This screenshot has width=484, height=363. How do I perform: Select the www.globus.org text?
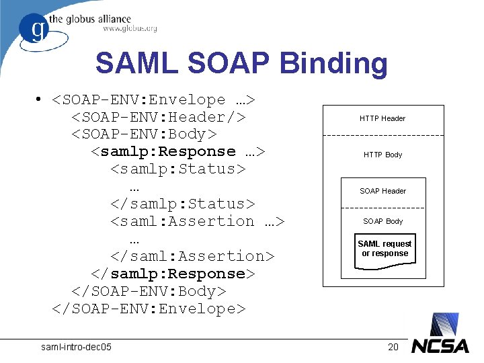pyautogui.click(x=130, y=28)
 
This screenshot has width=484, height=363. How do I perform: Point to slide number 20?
pyautogui.click(x=393, y=347)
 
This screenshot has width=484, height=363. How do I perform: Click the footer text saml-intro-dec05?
pyautogui.click(x=77, y=347)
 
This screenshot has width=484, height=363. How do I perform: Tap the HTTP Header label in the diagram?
pyautogui.click(x=382, y=119)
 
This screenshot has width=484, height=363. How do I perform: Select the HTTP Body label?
pyautogui.click(x=383, y=155)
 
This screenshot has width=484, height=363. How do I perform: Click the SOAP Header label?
pyautogui.click(x=383, y=191)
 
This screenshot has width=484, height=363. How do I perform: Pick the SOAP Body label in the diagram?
pyautogui.click(x=383, y=221)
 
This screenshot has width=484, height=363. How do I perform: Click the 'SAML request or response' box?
pyautogui.click(x=385, y=249)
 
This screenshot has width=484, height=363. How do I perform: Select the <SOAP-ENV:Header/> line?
pyautogui.click(x=158, y=117)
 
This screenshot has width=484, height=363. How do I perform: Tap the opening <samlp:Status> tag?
pyautogui.click(x=177, y=169)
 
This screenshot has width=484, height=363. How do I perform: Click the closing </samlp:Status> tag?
pyautogui.click(x=182, y=204)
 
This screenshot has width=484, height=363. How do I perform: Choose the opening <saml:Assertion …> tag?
pyautogui.click(x=197, y=221)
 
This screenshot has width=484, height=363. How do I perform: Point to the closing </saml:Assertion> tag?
pyautogui.click(x=192, y=256)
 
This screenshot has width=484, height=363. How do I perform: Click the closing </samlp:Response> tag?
pyautogui.click(x=173, y=274)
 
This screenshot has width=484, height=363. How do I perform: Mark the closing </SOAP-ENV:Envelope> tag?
pyautogui.click(x=149, y=309)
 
